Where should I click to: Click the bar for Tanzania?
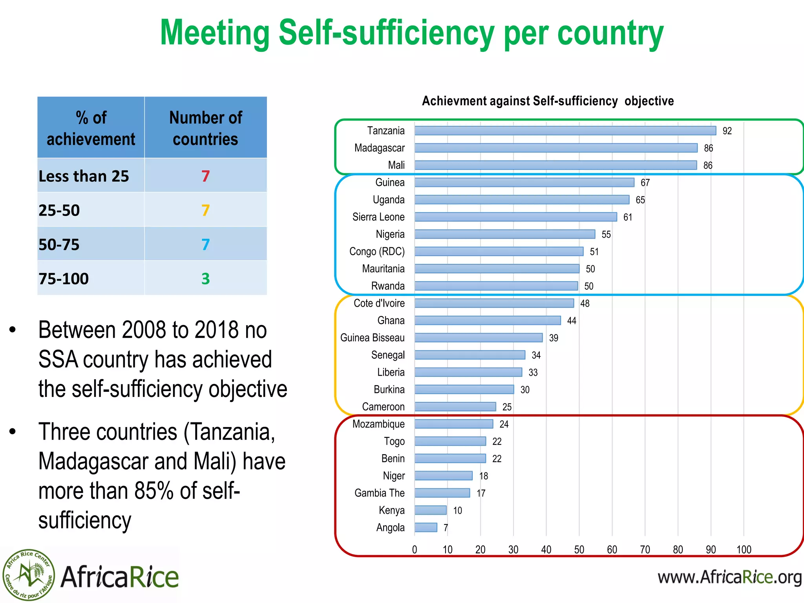tap(565, 131)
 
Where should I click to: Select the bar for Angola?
tap(426, 527)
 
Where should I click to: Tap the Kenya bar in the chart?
tap(431, 510)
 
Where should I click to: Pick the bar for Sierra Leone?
tap(516, 217)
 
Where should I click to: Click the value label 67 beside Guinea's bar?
tap(645, 183)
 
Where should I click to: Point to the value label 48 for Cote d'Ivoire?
tap(585, 303)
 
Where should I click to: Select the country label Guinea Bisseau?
tap(372, 338)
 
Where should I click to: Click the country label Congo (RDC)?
tap(377, 252)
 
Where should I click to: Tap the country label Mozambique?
tap(378, 424)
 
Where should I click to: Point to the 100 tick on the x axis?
tap(744, 550)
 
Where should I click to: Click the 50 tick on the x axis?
tap(579, 550)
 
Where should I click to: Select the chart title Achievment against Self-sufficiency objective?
tap(548, 101)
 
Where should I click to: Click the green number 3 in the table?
tap(205, 279)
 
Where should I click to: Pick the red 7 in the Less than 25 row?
tap(205, 176)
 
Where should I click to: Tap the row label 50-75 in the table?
tap(59, 245)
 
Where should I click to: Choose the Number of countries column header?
tap(205, 128)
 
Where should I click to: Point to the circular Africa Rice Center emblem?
tap(28, 575)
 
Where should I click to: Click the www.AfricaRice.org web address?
tap(729, 577)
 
